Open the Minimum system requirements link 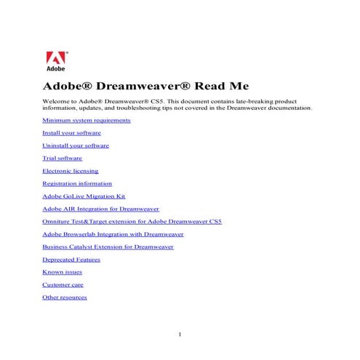(87, 120)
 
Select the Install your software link (71, 133)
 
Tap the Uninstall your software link (76, 145)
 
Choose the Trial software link (62, 158)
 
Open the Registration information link (77, 183)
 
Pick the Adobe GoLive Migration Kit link (84, 196)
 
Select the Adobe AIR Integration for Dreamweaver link (100, 209)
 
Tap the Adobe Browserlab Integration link (113, 234)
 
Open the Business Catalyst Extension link (108, 247)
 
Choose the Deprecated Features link (71, 260)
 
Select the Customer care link (63, 284)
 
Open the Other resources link (65, 297)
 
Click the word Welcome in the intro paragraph (55, 102)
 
